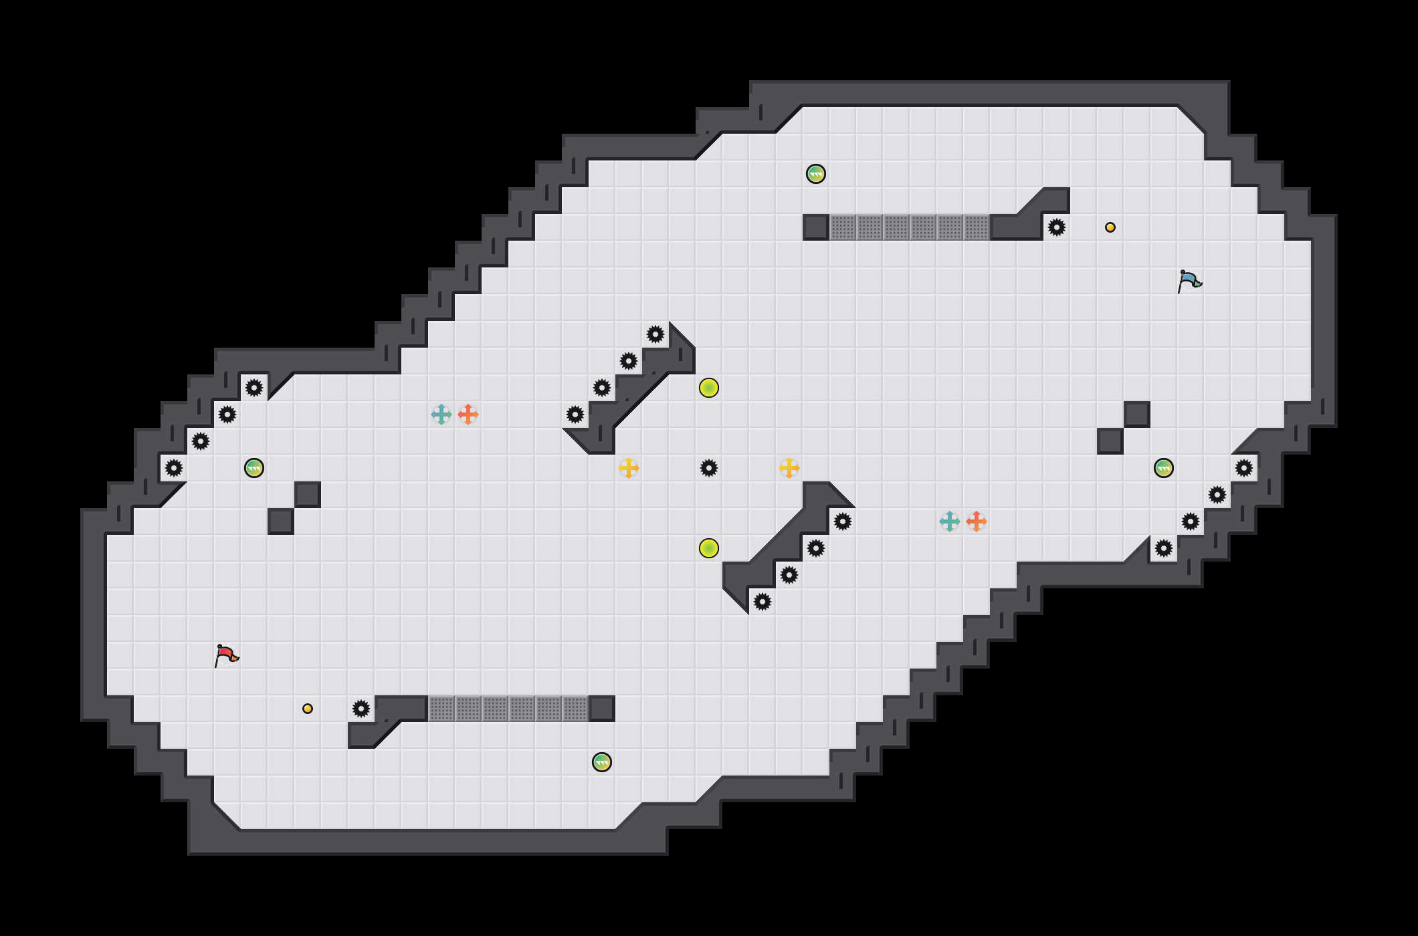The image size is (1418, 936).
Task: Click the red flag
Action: [x=226, y=655]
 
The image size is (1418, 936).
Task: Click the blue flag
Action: [x=1189, y=281]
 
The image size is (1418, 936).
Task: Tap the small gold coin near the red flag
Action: [x=308, y=709]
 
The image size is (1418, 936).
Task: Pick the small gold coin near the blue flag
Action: [x=1110, y=227]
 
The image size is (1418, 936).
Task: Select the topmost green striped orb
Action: [x=816, y=174]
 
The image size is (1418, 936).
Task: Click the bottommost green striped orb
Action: [x=602, y=762]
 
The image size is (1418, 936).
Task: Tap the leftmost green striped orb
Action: [x=254, y=468]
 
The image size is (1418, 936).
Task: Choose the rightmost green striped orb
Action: [x=1164, y=468]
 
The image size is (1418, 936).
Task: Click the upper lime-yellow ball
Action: [x=709, y=388]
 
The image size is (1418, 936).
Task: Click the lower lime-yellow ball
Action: [x=709, y=548]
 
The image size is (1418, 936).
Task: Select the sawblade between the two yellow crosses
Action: [x=709, y=468]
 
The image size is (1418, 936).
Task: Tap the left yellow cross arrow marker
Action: [x=629, y=468]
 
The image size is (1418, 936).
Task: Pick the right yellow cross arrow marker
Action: [x=789, y=468]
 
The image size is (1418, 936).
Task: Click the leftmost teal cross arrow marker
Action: [x=441, y=415]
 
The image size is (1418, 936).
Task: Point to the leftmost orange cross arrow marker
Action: [x=468, y=415]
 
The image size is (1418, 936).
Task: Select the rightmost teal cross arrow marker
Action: [x=950, y=521]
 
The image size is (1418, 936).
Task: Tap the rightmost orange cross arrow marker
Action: [x=977, y=521]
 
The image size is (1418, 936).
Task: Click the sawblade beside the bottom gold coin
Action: [x=361, y=709]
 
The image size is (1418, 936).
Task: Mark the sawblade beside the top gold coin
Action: [x=1057, y=227]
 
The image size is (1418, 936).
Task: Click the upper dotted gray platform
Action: [x=910, y=227]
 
